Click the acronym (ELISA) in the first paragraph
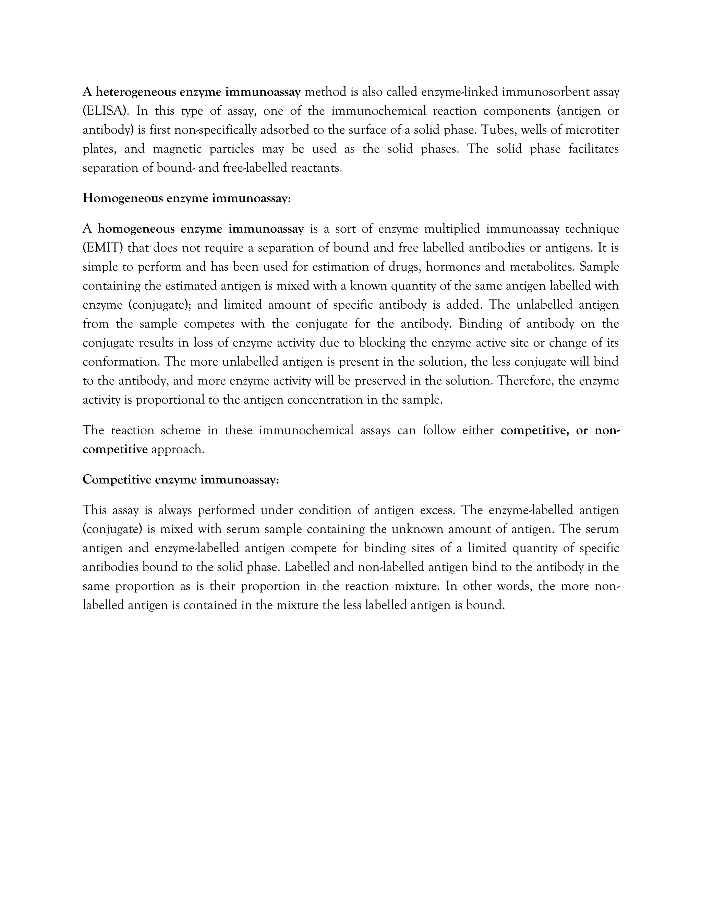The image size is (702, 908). pos(105,111)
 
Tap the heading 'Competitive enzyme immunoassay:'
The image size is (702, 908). pos(181,479)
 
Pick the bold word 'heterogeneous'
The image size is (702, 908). pos(136,92)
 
